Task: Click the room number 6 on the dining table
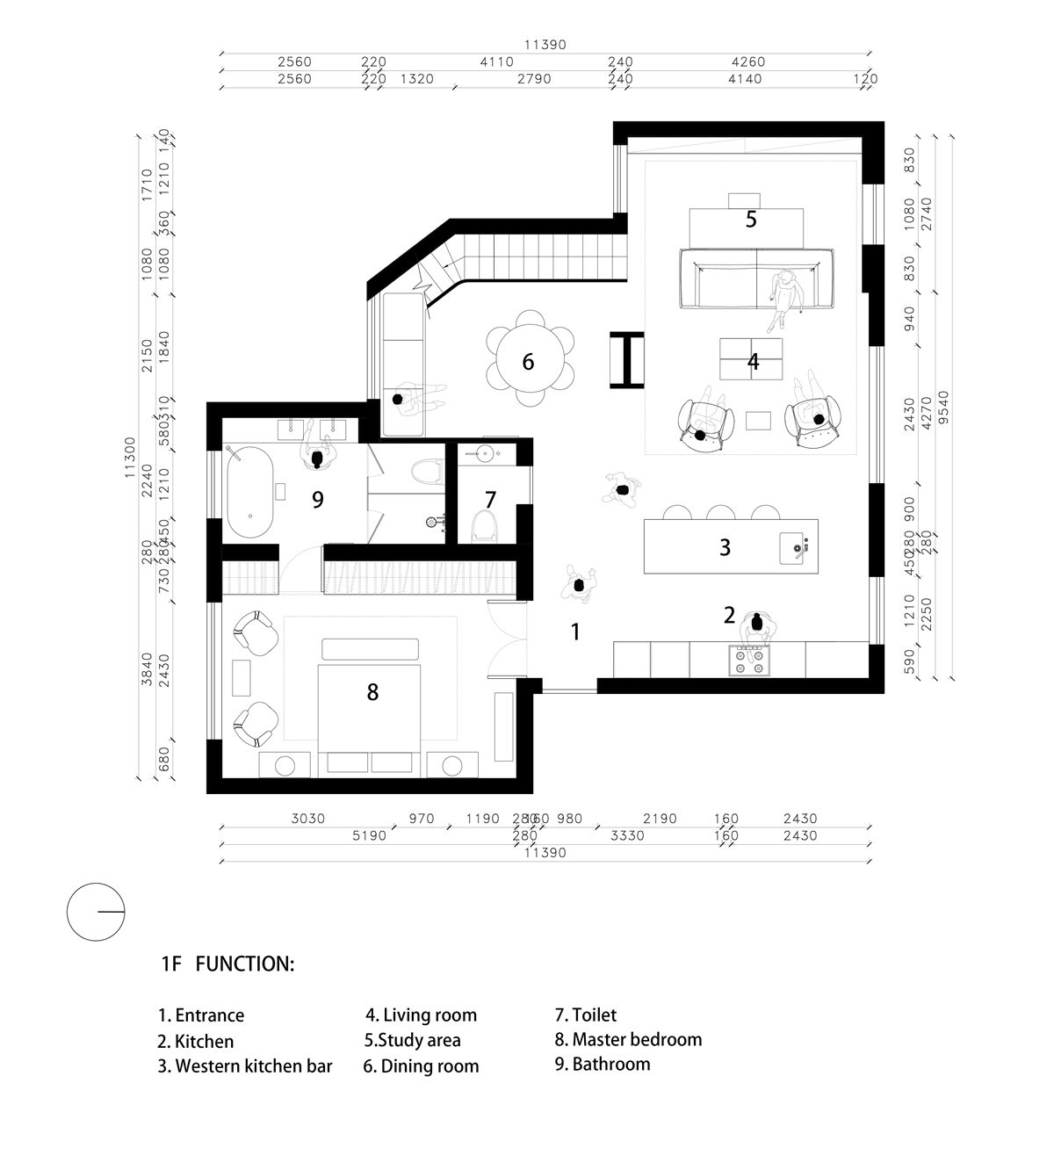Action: pos(528,361)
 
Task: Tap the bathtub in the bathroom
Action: pos(250,493)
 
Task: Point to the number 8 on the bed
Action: pos(372,692)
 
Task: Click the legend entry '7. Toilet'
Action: pos(585,1015)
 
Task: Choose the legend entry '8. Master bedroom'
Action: pos(628,1039)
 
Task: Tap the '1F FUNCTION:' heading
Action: pos(227,964)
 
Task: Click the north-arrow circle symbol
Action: pos(96,912)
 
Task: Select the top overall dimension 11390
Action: pos(545,45)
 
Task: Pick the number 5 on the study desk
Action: pos(751,219)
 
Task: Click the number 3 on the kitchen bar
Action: pos(725,547)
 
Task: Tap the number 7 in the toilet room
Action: pos(490,499)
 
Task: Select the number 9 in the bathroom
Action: pos(318,499)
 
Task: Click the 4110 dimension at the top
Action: pos(497,62)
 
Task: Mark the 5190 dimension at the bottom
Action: pos(369,835)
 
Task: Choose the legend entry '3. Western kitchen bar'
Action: pos(245,1065)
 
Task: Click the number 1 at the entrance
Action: pos(575,631)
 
